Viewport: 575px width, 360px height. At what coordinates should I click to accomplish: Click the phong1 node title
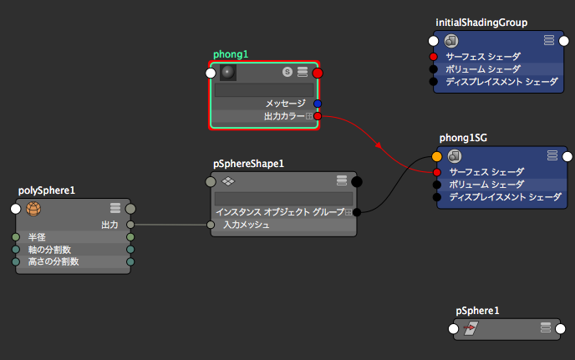pos(231,54)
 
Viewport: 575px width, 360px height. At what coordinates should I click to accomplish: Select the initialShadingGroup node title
pos(481,22)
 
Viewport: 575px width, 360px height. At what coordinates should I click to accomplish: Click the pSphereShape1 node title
pos(248,164)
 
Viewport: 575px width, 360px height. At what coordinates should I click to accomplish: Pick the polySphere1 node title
pos(47,190)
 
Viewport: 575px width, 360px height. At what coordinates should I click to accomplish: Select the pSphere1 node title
pos(478,311)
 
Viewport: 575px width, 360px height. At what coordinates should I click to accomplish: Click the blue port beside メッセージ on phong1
pos(318,104)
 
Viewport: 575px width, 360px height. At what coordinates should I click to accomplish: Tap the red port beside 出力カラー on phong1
pos(318,116)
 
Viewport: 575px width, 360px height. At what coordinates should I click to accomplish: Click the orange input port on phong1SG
pos(437,156)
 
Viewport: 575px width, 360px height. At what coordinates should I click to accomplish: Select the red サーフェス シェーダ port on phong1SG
pos(436,172)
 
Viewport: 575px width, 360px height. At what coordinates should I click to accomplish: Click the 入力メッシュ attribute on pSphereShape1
pos(246,224)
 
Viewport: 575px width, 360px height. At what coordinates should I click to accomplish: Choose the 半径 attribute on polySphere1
pos(37,237)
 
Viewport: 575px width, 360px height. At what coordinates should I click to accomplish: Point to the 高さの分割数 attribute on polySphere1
pos(53,261)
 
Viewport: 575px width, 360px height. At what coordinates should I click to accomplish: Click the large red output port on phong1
pos(318,73)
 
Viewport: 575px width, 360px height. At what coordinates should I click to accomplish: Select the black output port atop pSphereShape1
pos(357,181)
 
